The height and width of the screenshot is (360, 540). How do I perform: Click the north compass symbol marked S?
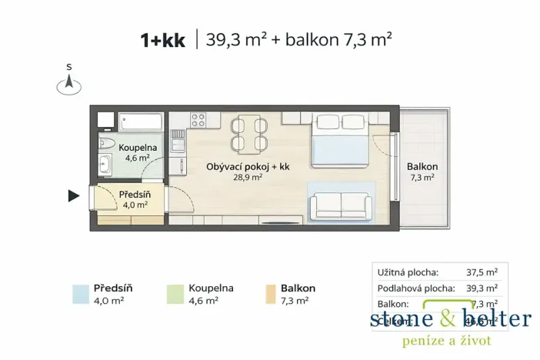(x=69, y=84)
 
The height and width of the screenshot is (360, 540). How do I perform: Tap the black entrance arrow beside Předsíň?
(x=74, y=196)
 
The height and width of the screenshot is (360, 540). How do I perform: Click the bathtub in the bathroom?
(x=138, y=122)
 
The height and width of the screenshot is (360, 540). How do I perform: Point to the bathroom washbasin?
(x=105, y=164)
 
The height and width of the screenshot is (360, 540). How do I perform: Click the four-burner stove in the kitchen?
(x=198, y=119)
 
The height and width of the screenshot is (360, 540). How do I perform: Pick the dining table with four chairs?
(x=248, y=132)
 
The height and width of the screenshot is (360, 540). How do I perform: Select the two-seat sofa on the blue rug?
(x=339, y=205)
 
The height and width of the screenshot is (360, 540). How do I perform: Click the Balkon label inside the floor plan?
(x=422, y=166)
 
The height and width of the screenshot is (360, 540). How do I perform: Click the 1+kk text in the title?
(x=162, y=40)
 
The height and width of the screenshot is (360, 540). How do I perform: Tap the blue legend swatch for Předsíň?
(x=80, y=293)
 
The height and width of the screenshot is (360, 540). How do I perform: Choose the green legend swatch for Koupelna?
(x=174, y=293)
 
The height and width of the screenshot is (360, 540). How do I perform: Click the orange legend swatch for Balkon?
(x=271, y=293)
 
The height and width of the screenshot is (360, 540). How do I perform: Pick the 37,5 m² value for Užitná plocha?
(x=482, y=272)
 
